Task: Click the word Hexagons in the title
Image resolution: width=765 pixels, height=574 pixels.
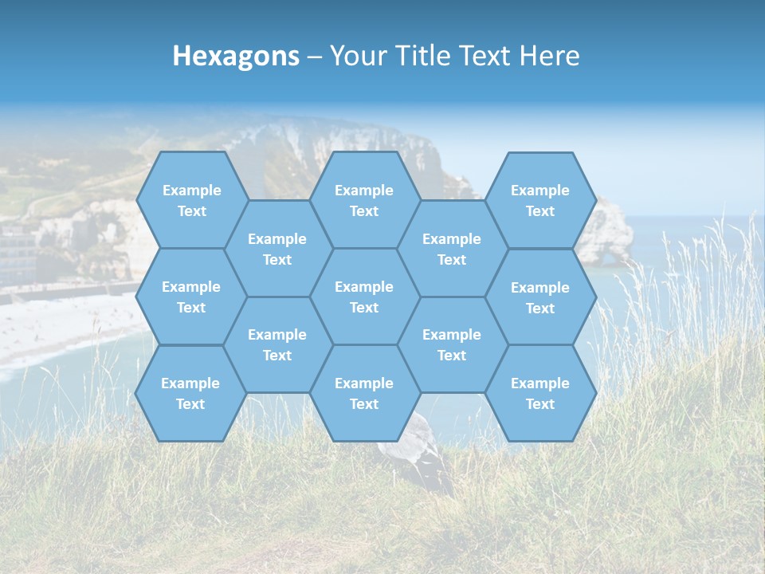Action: pyautogui.click(x=236, y=56)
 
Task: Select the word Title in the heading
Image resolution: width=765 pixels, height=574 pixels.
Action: pyautogui.click(x=423, y=56)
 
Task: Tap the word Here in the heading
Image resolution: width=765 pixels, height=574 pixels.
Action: pyautogui.click(x=549, y=56)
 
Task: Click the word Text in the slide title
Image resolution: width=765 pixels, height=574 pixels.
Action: pyautogui.click(x=486, y=56)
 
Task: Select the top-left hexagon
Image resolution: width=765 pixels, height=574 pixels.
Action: pyautogui.click(x=191, y=200)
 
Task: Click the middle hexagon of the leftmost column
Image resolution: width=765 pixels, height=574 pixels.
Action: pyautogui.click(x=191, y=297)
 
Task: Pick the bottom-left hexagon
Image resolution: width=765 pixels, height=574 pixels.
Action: pyautogui.click(x=190, y=393)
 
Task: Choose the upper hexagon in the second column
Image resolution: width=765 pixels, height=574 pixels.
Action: pyautogui.click(x=277, y=249)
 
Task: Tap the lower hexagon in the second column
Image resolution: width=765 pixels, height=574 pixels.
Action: pyautogui.click(x=277, y=344)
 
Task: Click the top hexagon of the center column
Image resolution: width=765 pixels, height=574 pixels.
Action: pyautogui.click(x=364, y=200)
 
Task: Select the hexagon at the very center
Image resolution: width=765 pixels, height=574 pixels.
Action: pyautogui.click(x=364, y=297)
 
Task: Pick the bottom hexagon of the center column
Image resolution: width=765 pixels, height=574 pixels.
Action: pyautogui.click(x=364, y=393)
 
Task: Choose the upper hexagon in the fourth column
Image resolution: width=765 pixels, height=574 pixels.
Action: pyautogui.click(x=452, y=249)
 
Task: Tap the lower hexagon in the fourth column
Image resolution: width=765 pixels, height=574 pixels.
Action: pyautogui.click(x=452, y=344)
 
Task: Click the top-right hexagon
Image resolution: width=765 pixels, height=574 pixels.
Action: pyautogui.click(x=540, y=200)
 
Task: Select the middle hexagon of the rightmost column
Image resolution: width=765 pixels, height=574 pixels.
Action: pyautogui.click(x=540, y=297)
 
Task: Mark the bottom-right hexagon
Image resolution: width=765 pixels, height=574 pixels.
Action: pyautogui.click(x=540, y=393)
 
